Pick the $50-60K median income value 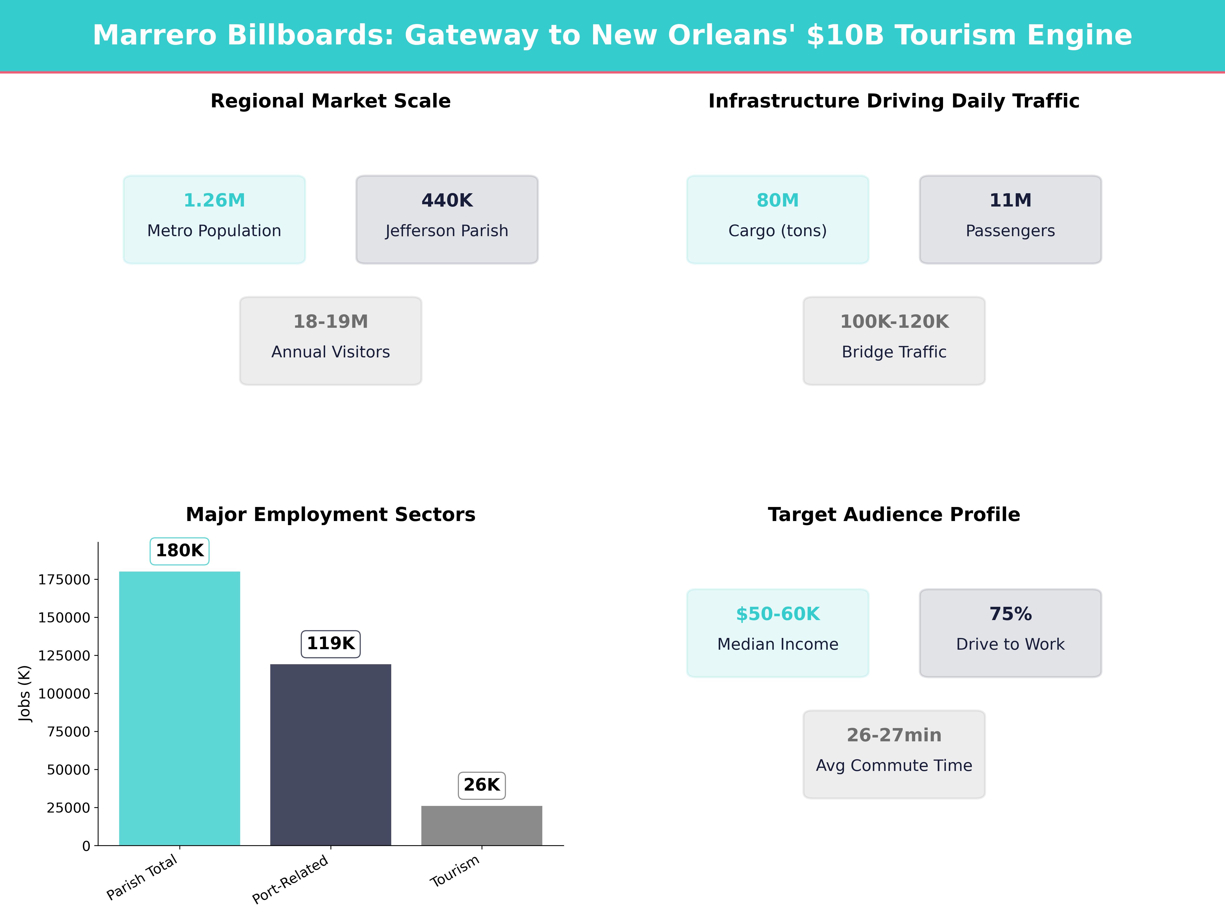(778, 614)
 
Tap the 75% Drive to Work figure (1010, 614)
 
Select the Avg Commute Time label (894, 766)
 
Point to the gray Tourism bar (482, 825)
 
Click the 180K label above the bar (179, 551)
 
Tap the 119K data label (330, 644)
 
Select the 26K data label (482, 785)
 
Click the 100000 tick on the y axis (64, 694)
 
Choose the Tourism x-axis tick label (455, 871)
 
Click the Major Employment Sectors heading (330, 515)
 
